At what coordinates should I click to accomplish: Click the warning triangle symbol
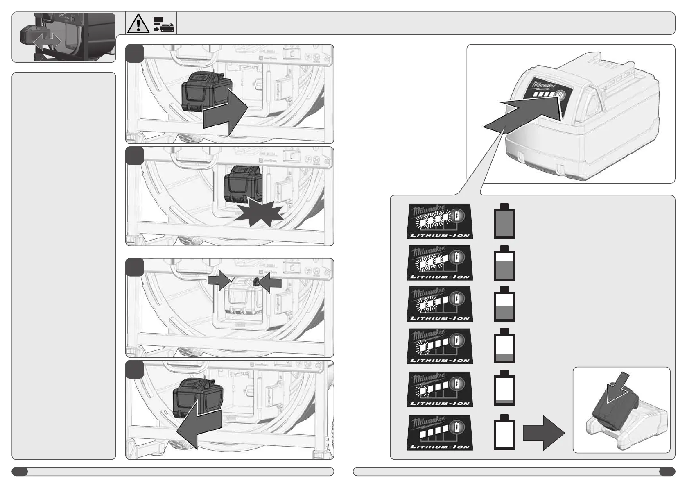[138, 23]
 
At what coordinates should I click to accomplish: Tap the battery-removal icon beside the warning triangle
[164, 24]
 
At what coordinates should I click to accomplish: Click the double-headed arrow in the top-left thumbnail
[47, 41]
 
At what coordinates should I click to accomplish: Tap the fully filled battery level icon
[504, 221]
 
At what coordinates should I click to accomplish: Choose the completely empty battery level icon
[504, 433]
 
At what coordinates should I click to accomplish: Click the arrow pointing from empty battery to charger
[544, 433]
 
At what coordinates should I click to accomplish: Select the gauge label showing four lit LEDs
[440, 221]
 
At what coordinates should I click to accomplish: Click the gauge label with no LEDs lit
[440, 433]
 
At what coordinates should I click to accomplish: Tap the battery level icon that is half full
[504, 305]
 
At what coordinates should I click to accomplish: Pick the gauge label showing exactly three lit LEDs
[440, 263]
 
